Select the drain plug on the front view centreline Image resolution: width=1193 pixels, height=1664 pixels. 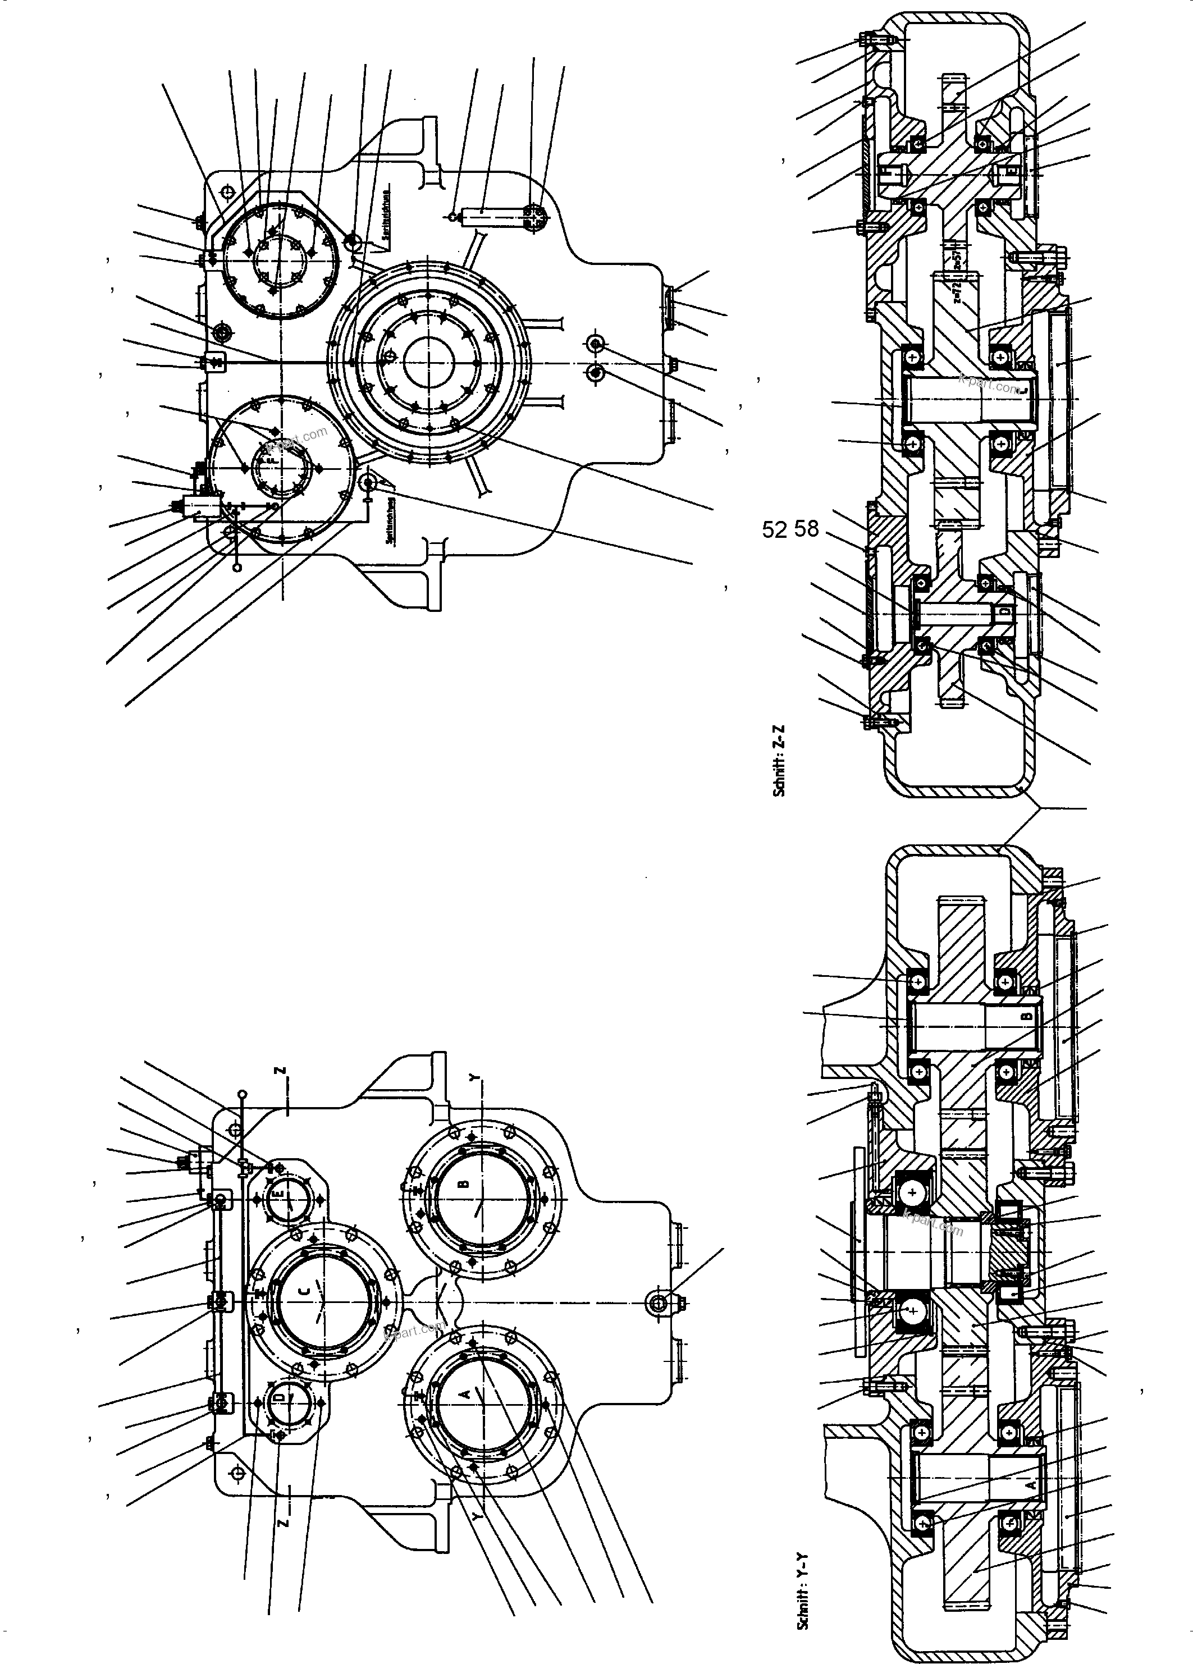(x=658, y=1301)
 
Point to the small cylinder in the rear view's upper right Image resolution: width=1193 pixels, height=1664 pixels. (x=481, y=213)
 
